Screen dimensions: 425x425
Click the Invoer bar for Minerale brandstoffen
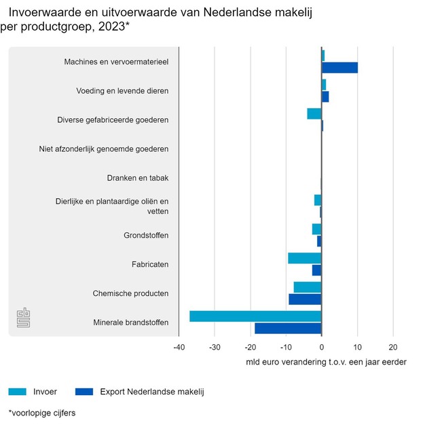click(x=255, y=316)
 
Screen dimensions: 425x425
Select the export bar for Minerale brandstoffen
click(x=288, y=329)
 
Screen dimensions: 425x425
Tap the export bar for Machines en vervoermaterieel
click(x=339, y=68)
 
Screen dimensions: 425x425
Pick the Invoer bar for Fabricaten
click(x=304, y=258)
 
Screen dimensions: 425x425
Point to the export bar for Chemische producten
click(x=305, y=299)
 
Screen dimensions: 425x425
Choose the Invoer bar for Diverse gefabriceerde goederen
click(x=314, y=113)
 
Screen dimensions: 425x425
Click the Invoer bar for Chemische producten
click(x=307, y=287)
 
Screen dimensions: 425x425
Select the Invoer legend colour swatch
click(x=18, y=391)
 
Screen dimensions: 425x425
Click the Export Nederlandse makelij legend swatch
click(x=84, y=391)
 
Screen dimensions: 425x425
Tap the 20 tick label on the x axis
click(x=393, y=347)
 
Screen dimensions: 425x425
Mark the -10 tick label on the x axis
click(x=286, y=347)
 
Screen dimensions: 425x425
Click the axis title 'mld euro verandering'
click(x=326, y=362)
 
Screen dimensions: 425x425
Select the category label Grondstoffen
click(x=146, y=236)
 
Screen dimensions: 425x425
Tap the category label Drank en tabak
click(x=138, y=178)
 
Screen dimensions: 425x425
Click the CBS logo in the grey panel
click(x=24, y=318)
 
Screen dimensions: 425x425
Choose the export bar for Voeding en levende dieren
click(x=325, y=97)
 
